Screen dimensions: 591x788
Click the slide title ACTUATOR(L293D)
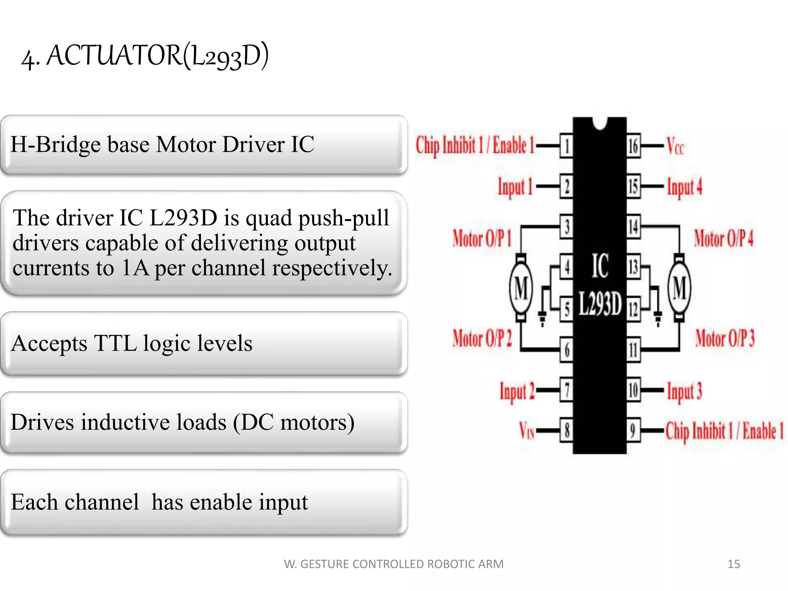click(x=145, y=56)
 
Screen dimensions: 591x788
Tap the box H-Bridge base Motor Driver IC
click(x=204, y=145)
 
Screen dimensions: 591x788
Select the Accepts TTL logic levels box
click(x=204, y=344)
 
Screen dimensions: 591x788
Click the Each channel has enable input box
click(x=204, y=502)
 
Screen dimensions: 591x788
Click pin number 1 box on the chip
click(x=566, y=146)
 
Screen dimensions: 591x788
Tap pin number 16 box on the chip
click(x=633, y=146)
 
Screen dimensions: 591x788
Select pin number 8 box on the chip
click(x=566, y=430)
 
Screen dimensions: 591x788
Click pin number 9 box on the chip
click(x=633, y=430)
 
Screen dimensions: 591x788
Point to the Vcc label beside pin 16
click(x=675, y=147)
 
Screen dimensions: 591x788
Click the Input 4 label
click(x=684, y=187)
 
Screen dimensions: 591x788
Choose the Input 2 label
click(x=517, y=392)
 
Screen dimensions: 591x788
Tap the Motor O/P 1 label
click(x=482, y=238)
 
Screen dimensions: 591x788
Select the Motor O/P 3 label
click(x=725, y=339)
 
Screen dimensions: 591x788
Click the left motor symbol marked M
click(x=521, y=288)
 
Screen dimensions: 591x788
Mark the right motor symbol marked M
click(x=679, y=288)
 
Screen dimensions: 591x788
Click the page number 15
click(x=733, y=564)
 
